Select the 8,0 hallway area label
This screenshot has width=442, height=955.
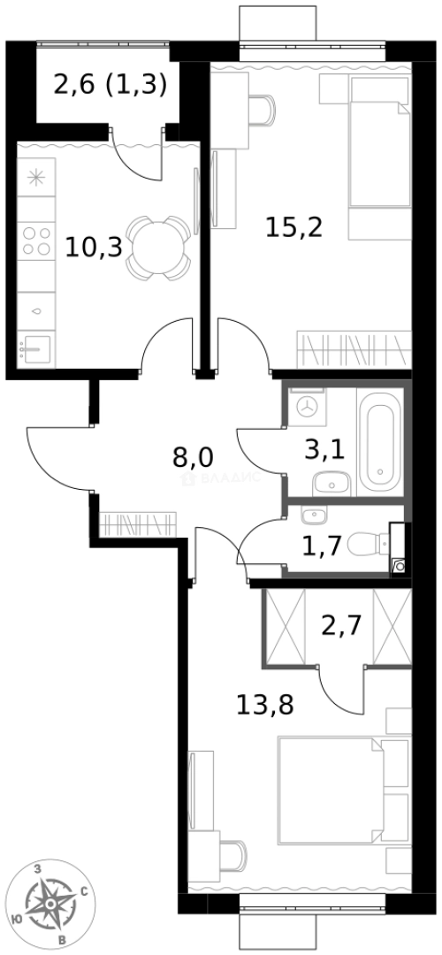194,458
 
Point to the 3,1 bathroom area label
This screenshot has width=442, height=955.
324,449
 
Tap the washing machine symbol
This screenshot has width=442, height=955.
308,408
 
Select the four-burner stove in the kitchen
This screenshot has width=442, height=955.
36,241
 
